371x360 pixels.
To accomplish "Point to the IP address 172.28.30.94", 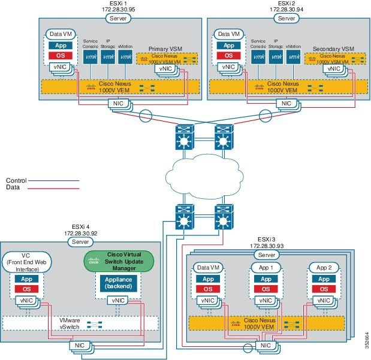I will coord(286,10).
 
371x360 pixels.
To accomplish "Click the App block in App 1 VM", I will coord(265,279).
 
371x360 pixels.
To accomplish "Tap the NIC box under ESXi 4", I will coord(80,345).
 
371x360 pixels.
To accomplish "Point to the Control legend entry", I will coord(16,179).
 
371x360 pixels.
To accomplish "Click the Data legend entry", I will coord(13,186).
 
